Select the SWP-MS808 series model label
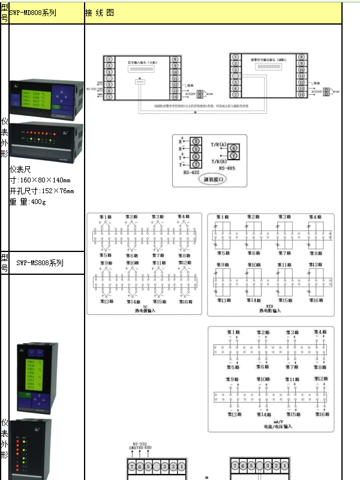tap(40, 262)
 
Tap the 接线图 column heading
tap(100, 12)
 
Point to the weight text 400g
tap(35, 202)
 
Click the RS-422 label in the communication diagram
tap(191, 173)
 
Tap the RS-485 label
tap(226, 169)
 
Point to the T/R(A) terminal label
tap(218, 145)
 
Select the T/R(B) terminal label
tap(218, 161)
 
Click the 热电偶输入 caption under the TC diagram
tap(145, 311)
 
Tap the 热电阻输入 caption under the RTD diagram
tap(270, 311)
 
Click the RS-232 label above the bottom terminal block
tap(139, 442)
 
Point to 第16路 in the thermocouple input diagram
tap(185, 301)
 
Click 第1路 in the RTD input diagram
tap(222, 217)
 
